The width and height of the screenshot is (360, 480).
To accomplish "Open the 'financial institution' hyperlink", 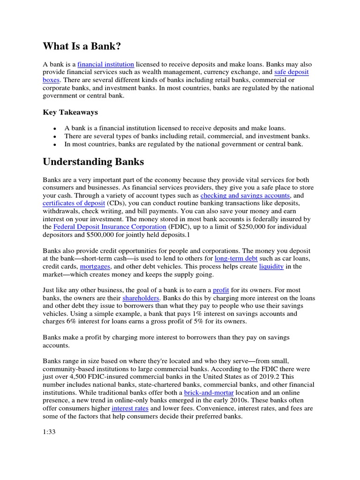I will pyautogui.click(x=106, y=64).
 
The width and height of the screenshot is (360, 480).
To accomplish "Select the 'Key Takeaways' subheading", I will pyautogui.click(x=70, y=112).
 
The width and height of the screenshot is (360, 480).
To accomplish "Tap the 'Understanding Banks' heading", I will pyautogui.click(x=93, y=162).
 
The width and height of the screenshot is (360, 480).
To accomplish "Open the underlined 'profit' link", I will pyautogui.click(x=221, y=291).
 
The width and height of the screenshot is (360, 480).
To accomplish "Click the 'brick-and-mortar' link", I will pyautogui.click(x=206, y=392).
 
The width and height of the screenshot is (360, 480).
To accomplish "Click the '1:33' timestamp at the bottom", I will pyautogui.click(x=49, y=432).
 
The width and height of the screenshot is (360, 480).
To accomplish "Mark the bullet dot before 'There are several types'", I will pyautogui.click(x=55, y=136).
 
